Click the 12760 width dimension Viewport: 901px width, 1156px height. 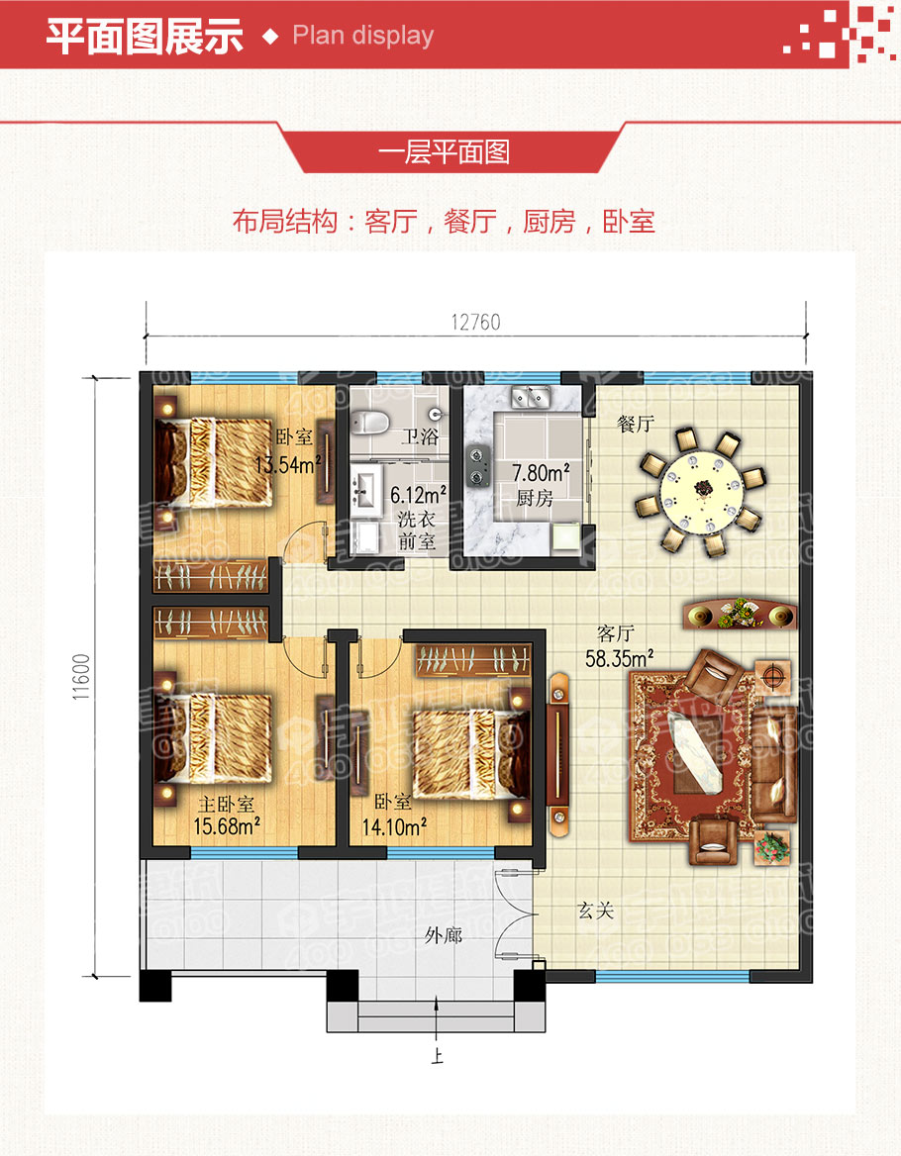click(476, 323)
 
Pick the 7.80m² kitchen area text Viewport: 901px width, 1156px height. click(540, 472)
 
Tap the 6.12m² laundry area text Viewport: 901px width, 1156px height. click(417, 494)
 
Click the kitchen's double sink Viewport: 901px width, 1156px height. click(531, 399)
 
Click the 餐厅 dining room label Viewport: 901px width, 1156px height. click(636, 425)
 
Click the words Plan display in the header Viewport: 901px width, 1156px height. click(362, 36)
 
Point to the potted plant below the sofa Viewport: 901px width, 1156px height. click(772, 847)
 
